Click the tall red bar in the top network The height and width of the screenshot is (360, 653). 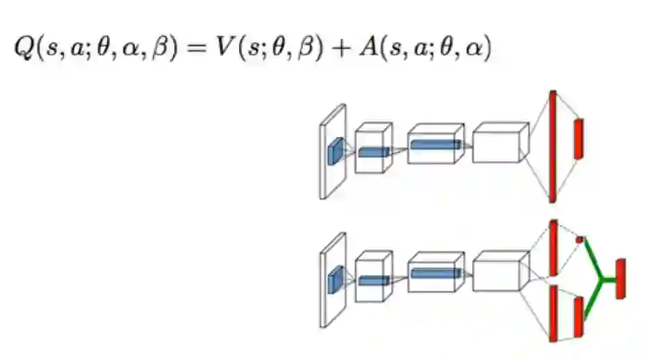point(552,146)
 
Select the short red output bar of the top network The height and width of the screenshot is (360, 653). point(577,138)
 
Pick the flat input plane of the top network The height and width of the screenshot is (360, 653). point(333,152)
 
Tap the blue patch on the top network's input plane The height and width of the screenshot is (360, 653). point(336,149)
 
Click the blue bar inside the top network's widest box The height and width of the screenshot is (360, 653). point(435,145)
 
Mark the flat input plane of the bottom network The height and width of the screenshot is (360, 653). point(333,280)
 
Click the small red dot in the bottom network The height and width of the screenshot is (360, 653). point(579,240)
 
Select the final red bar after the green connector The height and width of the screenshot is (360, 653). point(620,278)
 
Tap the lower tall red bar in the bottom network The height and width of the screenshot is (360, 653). point(553,313)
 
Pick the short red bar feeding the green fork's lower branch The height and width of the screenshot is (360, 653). point(577,316)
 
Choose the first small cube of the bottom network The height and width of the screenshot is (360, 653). point(373,277)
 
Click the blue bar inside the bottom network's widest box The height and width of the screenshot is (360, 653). point(435,273)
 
